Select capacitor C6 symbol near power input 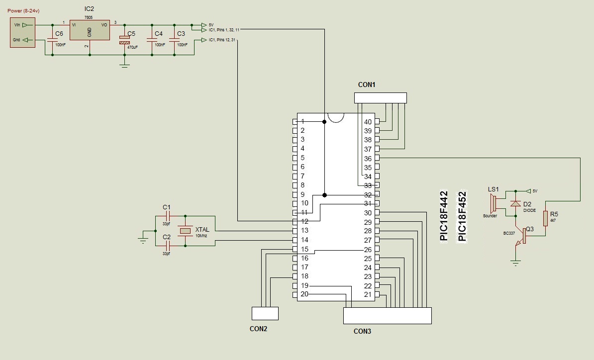[52, 40]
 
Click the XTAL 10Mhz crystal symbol [185, 231]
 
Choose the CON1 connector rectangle [381, 98]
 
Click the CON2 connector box [265, 313]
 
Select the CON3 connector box [388, 316]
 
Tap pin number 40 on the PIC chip [368, 122]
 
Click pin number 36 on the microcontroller [368, 158]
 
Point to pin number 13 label [304, 231]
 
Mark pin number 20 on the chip [304, 294]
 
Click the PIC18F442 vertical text [444, 216]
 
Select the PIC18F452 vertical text [463, 216]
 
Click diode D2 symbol [516, 204]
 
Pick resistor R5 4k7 [546, 218]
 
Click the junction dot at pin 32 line [325, 195]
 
